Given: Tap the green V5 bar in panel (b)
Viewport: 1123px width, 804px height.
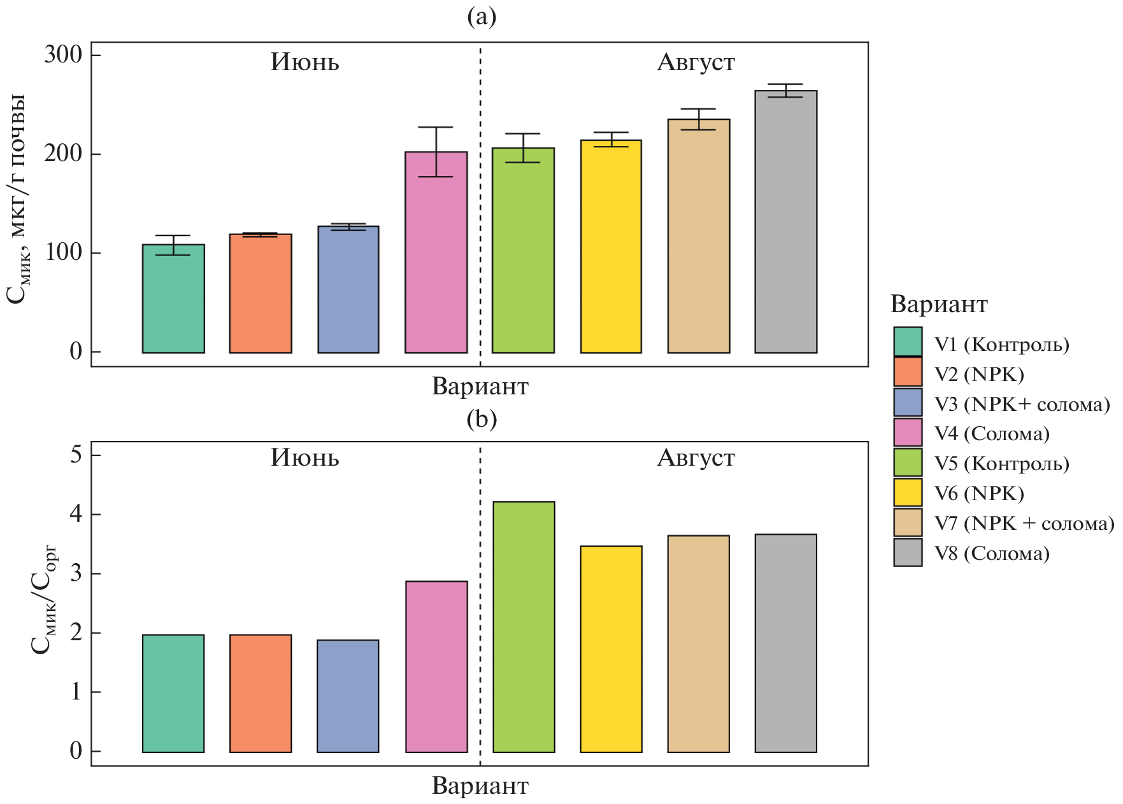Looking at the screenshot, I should click(x=524, y=627).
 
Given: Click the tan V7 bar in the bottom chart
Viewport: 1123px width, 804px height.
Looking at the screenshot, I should click(x=698, y=643).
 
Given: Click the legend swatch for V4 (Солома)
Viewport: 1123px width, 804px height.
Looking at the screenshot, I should click(x=908, y=433).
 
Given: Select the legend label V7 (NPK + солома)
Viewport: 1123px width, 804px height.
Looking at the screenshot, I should click(x=1024, y=524).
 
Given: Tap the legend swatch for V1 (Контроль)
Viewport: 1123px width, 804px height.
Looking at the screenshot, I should click(x=908, y=341).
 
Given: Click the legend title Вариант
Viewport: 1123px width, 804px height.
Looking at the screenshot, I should click(x=938, y=305).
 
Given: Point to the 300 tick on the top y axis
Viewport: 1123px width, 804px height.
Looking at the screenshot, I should click(x=63, y=55).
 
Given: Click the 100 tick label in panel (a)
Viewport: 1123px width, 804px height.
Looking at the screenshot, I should click(x=63, y=253).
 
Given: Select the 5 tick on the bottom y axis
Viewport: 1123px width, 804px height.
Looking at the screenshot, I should click(x=76, y=455).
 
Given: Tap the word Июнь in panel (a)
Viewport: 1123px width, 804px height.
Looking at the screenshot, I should click(x=304, y=62).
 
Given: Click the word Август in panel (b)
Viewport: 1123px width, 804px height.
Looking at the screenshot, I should click(x=696, y=458).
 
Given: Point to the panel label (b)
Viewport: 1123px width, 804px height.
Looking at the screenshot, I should click(x=481, y=419).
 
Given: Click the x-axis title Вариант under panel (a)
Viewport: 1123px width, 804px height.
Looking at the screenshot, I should click(x=480, y=387).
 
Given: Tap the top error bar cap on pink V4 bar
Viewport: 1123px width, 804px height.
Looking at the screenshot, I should click(x=436, y=127).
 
